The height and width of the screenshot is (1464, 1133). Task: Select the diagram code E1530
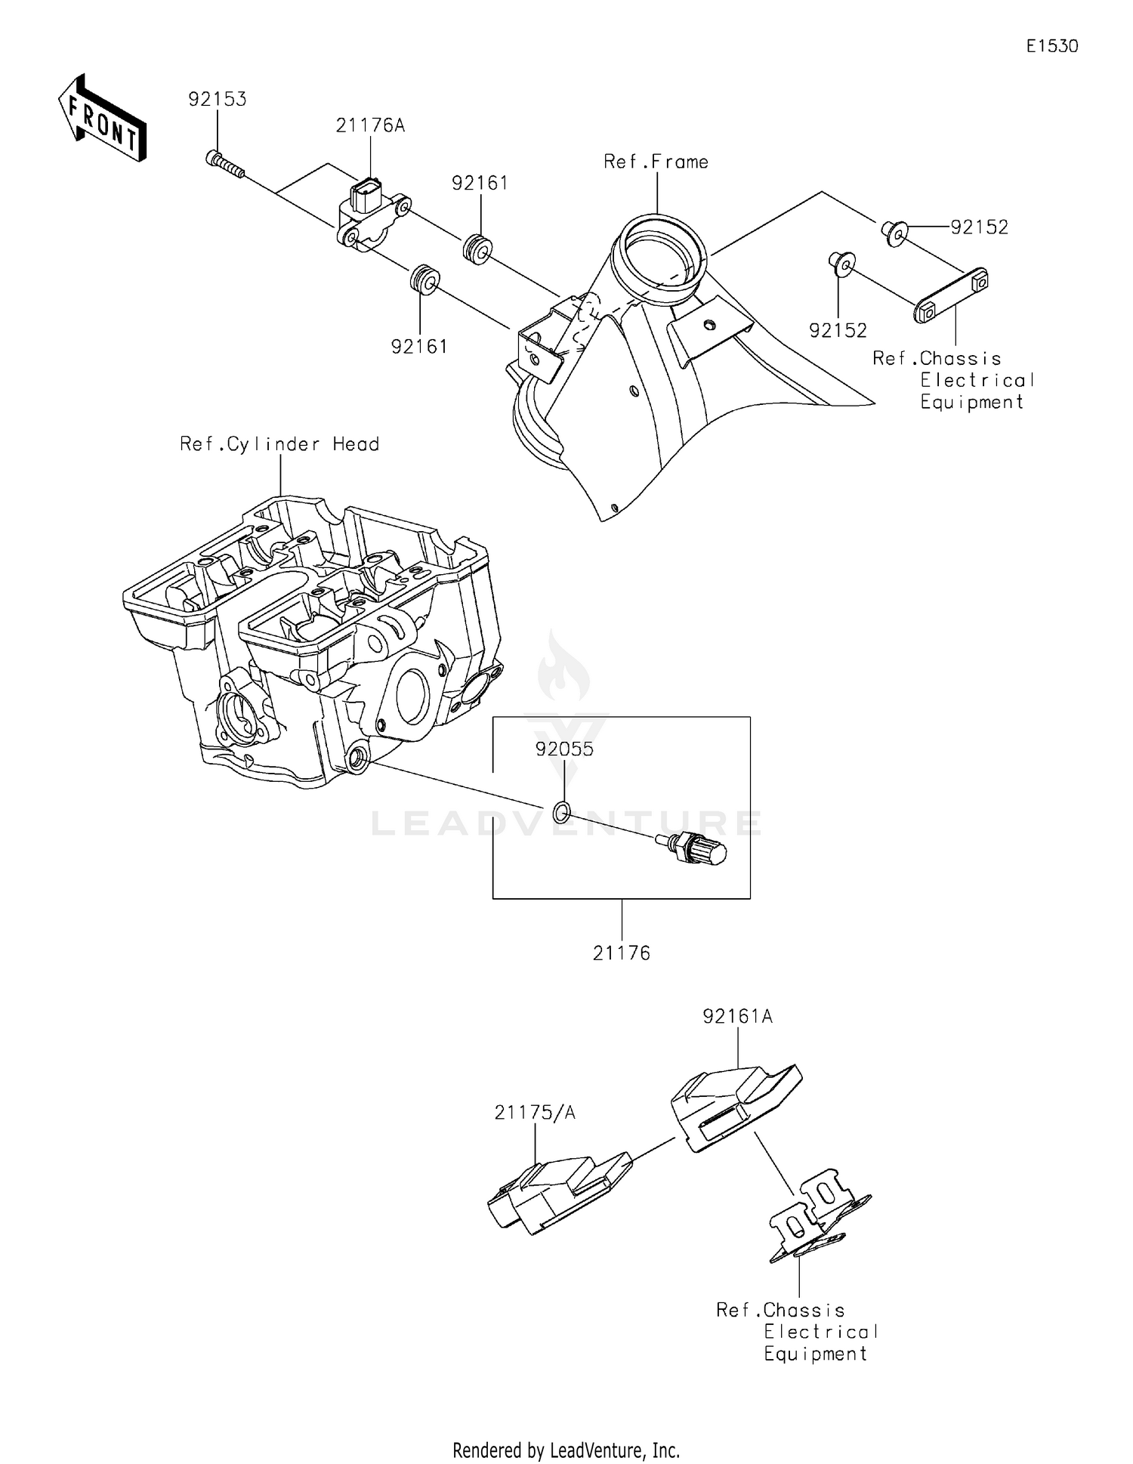pos(1051,46)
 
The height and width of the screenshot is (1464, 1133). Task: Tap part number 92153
pos(217,100)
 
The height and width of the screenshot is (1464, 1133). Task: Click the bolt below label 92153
pos(224,165)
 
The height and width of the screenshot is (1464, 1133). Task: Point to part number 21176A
pos(370,125)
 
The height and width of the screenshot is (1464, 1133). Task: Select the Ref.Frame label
pos(656,162)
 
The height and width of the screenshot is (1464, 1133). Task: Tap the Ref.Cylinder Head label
pos(279,444)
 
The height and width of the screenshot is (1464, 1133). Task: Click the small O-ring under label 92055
pos(560,813)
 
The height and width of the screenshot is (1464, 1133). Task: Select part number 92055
pos(564,749)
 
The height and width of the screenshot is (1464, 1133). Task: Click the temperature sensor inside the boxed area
pos(693,849)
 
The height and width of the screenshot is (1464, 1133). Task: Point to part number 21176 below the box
pos(621,953)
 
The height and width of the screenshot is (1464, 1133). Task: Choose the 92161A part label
pos(737,1017)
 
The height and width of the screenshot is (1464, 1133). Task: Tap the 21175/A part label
pos(535,1113)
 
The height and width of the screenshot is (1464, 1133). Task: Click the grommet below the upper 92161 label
pos(477,249)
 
